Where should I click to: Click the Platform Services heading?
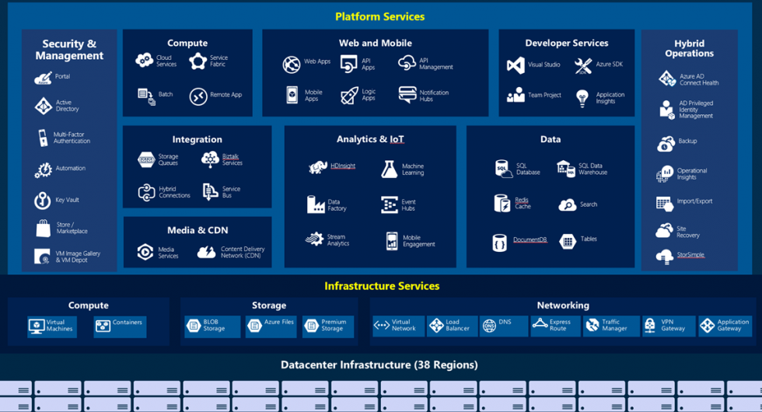point(380,16)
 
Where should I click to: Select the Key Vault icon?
point(43,201)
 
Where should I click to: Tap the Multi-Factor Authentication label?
point(72,138)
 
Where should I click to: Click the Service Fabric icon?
point(198,61)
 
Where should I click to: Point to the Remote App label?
point(225,95)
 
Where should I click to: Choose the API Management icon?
point(407,63)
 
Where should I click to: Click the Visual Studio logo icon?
point(516,65)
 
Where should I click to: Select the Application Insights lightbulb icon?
point(582,98)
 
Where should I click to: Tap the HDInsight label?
point(343,166)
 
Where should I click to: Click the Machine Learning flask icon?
point(389,169)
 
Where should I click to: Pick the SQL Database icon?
point(504,169)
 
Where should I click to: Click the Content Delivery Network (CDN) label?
point(243,252)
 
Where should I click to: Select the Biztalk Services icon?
point(210,159)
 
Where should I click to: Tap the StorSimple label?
point(691,255)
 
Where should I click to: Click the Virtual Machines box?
point(51,326)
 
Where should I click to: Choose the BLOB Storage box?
point(212,326)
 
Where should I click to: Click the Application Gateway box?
point(725,326)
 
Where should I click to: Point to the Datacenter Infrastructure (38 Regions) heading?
point(379,365)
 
